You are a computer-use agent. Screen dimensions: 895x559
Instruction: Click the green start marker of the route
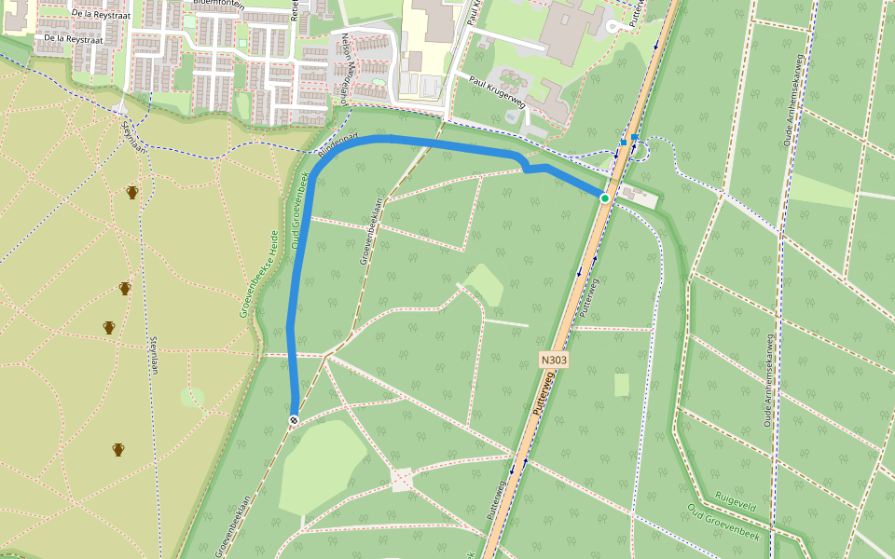(x=604, y=198)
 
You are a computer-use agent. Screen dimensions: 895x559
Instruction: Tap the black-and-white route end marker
(x=294, y=421)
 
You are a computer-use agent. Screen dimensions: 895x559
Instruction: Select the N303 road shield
(x=554, y=359)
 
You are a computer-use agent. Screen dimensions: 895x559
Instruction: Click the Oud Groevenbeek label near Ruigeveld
(x=723, y=522)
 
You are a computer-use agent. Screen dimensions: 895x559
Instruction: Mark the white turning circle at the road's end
(x=613, y=26)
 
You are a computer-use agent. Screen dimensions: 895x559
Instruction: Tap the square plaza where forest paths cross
(x=402, y=481)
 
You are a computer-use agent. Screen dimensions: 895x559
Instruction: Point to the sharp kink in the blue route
(x=527, y=168)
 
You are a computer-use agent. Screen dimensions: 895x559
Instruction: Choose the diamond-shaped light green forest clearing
(x=483, y=284)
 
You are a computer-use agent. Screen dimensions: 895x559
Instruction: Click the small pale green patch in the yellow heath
(x=192, y=398)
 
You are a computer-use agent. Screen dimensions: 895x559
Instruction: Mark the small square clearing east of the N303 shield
(x=622, y=385)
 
